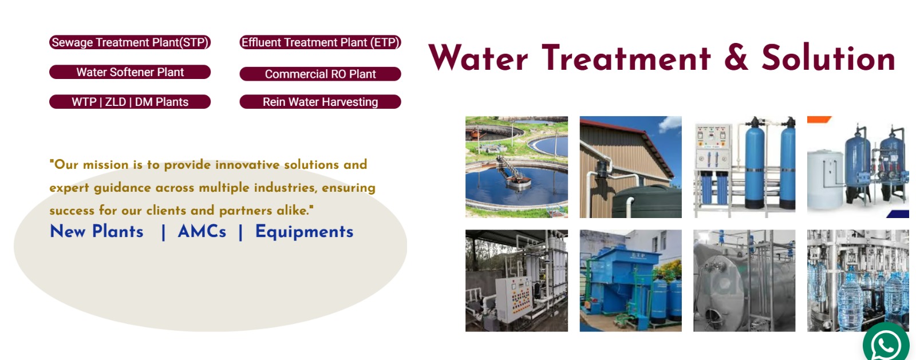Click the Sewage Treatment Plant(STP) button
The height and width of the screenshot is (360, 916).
tap(130, 42)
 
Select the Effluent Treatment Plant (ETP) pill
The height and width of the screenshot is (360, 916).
tap(320, 42)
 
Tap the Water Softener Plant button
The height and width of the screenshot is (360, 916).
tap(130, 72)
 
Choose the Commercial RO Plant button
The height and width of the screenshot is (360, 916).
tap(320, 74)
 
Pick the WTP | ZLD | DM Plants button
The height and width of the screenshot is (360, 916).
tap(130, 102)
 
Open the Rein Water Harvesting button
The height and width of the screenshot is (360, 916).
tap(320, 102)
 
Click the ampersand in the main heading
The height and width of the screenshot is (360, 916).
tap(736, 58)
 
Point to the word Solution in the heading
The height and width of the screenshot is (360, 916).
tap(828, 58)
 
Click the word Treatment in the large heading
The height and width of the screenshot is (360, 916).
tap(626, 58)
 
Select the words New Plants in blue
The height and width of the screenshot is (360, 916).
tap(97, 232)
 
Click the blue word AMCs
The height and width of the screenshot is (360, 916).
tap(202, 232)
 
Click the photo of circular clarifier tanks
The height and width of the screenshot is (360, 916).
tap(516, 167)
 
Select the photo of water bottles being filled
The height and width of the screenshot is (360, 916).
tap(858, 280)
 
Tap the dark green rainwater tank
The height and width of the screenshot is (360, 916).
tap(647, 201)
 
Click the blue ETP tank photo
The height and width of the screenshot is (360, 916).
tap(630, 280)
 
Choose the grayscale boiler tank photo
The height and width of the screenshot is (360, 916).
tap(744, 280)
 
